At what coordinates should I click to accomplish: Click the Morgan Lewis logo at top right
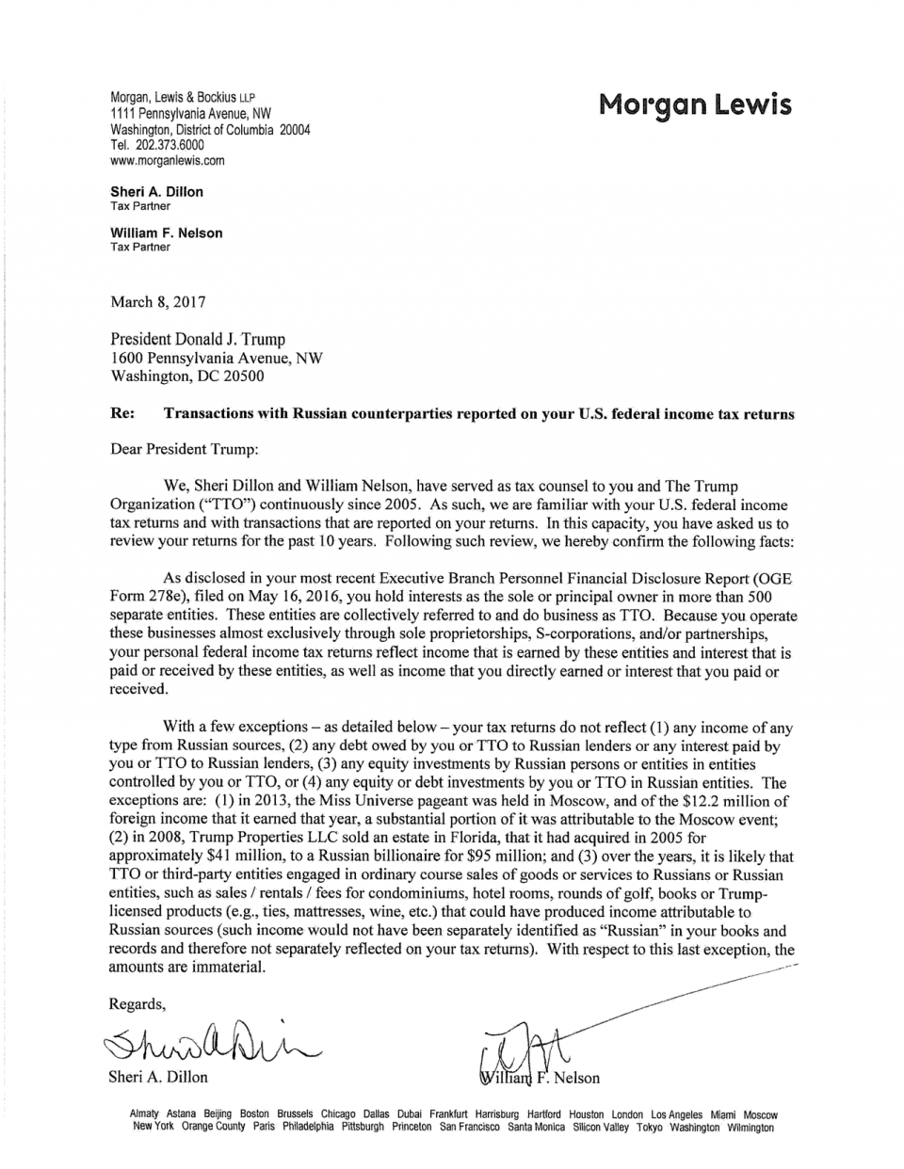[695, 105]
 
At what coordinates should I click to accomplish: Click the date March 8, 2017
[157, 302]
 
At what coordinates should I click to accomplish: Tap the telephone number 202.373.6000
[169, 145]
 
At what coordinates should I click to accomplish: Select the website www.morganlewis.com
[168, 160]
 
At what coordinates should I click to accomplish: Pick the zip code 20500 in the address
[244, 376]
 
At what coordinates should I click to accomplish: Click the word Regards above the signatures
[137, 1003]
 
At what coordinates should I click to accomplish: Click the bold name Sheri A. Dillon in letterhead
[156, 192]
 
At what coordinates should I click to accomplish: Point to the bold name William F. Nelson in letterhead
[167, 232]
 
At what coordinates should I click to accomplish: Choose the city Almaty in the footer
[144, 1114]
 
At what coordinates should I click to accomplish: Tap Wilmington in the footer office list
[751, 1127]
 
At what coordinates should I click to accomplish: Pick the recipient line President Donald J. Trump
[198, 339]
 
